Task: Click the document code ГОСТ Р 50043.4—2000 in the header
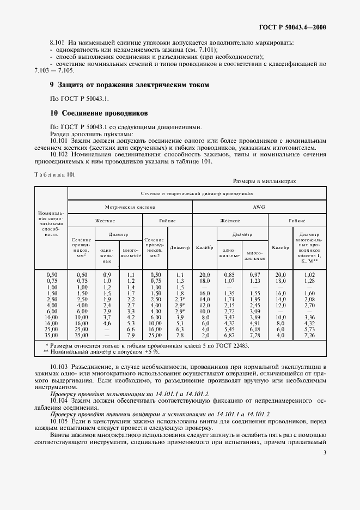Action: click(295, 27)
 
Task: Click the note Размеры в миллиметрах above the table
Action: click(265, 181)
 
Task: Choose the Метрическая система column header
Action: click(130, 207)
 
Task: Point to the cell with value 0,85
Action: click(229, 275)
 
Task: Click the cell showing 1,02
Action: click(310, 275)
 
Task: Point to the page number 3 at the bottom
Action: click(325, 452)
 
